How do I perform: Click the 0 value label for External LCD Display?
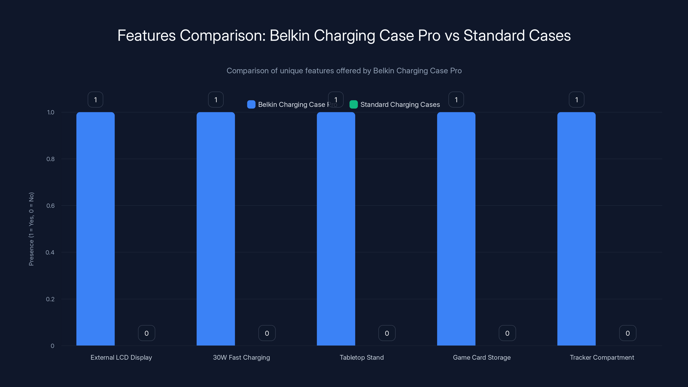(146, 333)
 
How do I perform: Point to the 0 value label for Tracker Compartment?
(628, 333)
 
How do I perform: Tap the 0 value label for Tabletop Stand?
(387, 333)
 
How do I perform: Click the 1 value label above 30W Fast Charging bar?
(215, 100)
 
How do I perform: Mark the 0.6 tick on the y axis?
(51, 206)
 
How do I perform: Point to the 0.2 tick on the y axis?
(50, 299)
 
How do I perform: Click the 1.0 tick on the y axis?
(51, 112)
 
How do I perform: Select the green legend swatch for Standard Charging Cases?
(353, 104)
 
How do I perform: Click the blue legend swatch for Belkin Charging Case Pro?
(251, 104)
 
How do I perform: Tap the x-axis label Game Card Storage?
(482, 357)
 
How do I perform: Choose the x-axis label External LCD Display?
(121, 357)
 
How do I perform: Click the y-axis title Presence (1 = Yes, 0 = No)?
(31, 229)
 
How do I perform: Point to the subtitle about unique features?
(344, 71)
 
